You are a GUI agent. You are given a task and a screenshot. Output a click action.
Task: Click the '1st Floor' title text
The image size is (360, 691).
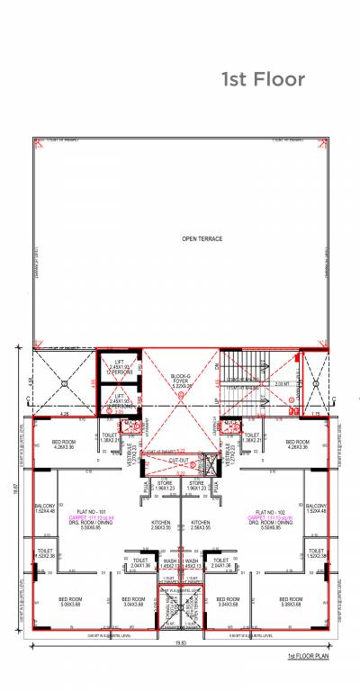tap(263, 80)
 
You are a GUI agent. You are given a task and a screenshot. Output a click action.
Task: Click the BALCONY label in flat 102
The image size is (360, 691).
tap(315, 508)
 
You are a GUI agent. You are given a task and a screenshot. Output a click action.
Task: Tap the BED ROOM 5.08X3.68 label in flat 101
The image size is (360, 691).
tap(71, 601)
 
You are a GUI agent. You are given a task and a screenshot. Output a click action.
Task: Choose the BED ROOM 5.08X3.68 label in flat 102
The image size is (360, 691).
tap(287, 601)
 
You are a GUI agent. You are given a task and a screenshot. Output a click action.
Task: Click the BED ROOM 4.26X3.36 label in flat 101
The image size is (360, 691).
tap(63, 444)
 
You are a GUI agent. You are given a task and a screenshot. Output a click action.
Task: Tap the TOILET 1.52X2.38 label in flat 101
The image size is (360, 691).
tap(46, 553)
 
